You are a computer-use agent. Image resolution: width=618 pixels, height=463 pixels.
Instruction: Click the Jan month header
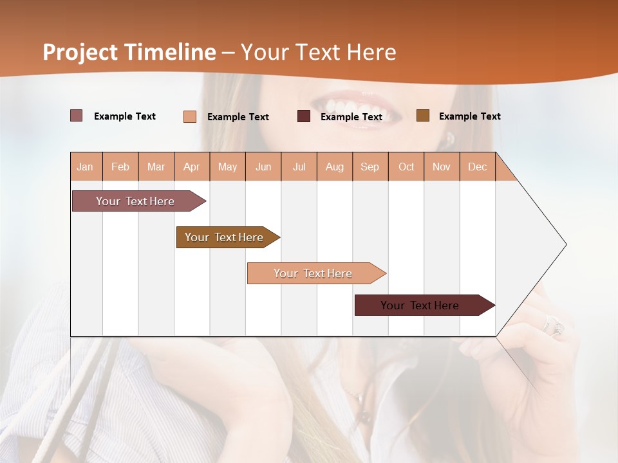pos(86,167)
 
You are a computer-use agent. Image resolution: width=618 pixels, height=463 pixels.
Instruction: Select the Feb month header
pos(120,167)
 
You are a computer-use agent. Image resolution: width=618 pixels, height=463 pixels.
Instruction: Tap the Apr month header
pos(192,167)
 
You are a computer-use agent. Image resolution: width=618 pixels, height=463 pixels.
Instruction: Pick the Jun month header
pos(263,167)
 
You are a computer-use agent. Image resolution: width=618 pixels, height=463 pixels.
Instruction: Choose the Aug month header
pos(335,167)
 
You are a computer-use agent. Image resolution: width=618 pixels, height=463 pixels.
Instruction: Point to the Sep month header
pos(370,167)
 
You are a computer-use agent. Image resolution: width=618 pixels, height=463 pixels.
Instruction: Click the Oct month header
pos(406,167)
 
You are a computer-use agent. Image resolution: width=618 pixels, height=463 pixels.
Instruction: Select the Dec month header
pos(478,167)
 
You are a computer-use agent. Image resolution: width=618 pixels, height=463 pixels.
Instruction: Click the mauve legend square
pos(77,116)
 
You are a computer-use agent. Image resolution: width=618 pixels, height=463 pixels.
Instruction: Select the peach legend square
pos(190,116)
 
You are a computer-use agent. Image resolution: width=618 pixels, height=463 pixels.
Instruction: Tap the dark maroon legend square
pos(304,116)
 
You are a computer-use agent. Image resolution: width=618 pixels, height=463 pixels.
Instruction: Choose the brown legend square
pos(423,116)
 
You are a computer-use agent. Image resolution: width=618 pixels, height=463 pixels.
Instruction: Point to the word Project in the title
pos(80,52)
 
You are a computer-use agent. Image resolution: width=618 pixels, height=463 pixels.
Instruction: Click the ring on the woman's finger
pos(554,325)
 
